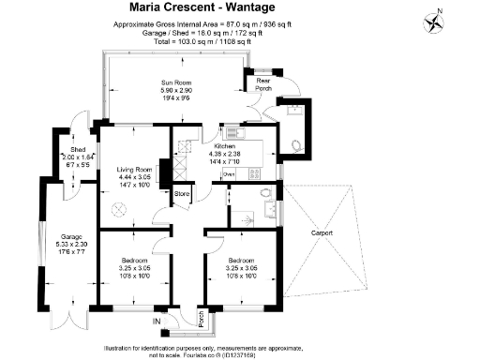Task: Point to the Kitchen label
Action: [224, 147]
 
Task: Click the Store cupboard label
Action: [182, 195]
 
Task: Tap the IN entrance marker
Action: [157, 321]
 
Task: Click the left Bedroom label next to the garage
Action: [135, 260]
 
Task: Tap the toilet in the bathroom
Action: [268, 194]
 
